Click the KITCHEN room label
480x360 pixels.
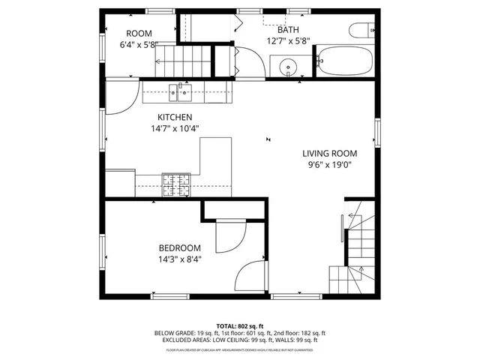[x=175, y=117]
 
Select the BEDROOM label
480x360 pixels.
[x=179, y=248]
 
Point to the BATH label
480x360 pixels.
[x=288, y=30]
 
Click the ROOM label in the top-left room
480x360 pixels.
[x=139, y=33]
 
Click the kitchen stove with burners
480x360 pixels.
[x=177, y=183]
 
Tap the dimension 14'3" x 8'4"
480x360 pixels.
[x=179, y=259]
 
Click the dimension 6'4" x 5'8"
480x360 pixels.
[x=139, y=44]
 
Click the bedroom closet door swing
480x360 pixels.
[x=227, y=239]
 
